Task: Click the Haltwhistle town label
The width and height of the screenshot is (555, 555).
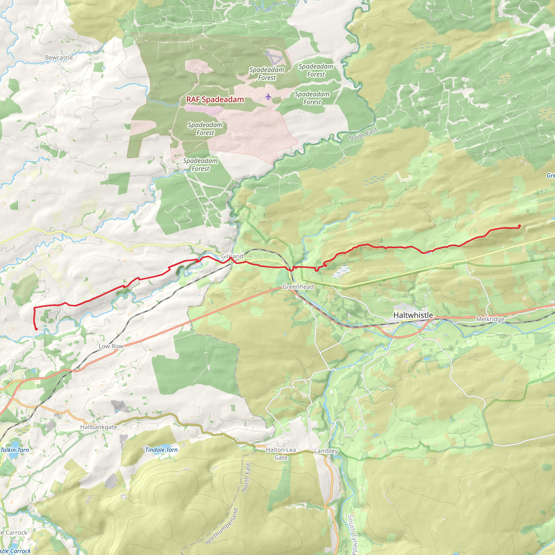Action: tap(413, 315)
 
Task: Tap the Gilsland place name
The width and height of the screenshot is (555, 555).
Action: tap(231, 256)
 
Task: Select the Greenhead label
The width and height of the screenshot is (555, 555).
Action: tap(298, 286)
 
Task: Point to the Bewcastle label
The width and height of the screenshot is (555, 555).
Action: tap(59, 57)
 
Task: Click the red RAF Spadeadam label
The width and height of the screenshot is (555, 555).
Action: tap(215, 99)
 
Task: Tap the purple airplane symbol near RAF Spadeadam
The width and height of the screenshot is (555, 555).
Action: tap(268, 96)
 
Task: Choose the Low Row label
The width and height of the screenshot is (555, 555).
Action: tap(111, 346)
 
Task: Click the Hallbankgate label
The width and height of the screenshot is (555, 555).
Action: tap(99, 427)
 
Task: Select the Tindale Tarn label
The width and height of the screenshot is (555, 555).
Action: tap(161, 450)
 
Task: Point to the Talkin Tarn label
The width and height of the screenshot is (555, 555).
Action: tap(15, 450)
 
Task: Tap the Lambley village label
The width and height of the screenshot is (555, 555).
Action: tap(326, 451)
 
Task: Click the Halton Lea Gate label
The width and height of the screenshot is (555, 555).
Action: tap(281, 453)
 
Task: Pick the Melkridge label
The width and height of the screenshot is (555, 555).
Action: tap(490, 319)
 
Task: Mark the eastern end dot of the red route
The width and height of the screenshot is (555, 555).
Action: tap(519, 226)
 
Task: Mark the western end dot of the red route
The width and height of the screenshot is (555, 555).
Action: tap(36, 329)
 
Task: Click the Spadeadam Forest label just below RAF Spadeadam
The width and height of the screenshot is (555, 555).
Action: tap(205, 129)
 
